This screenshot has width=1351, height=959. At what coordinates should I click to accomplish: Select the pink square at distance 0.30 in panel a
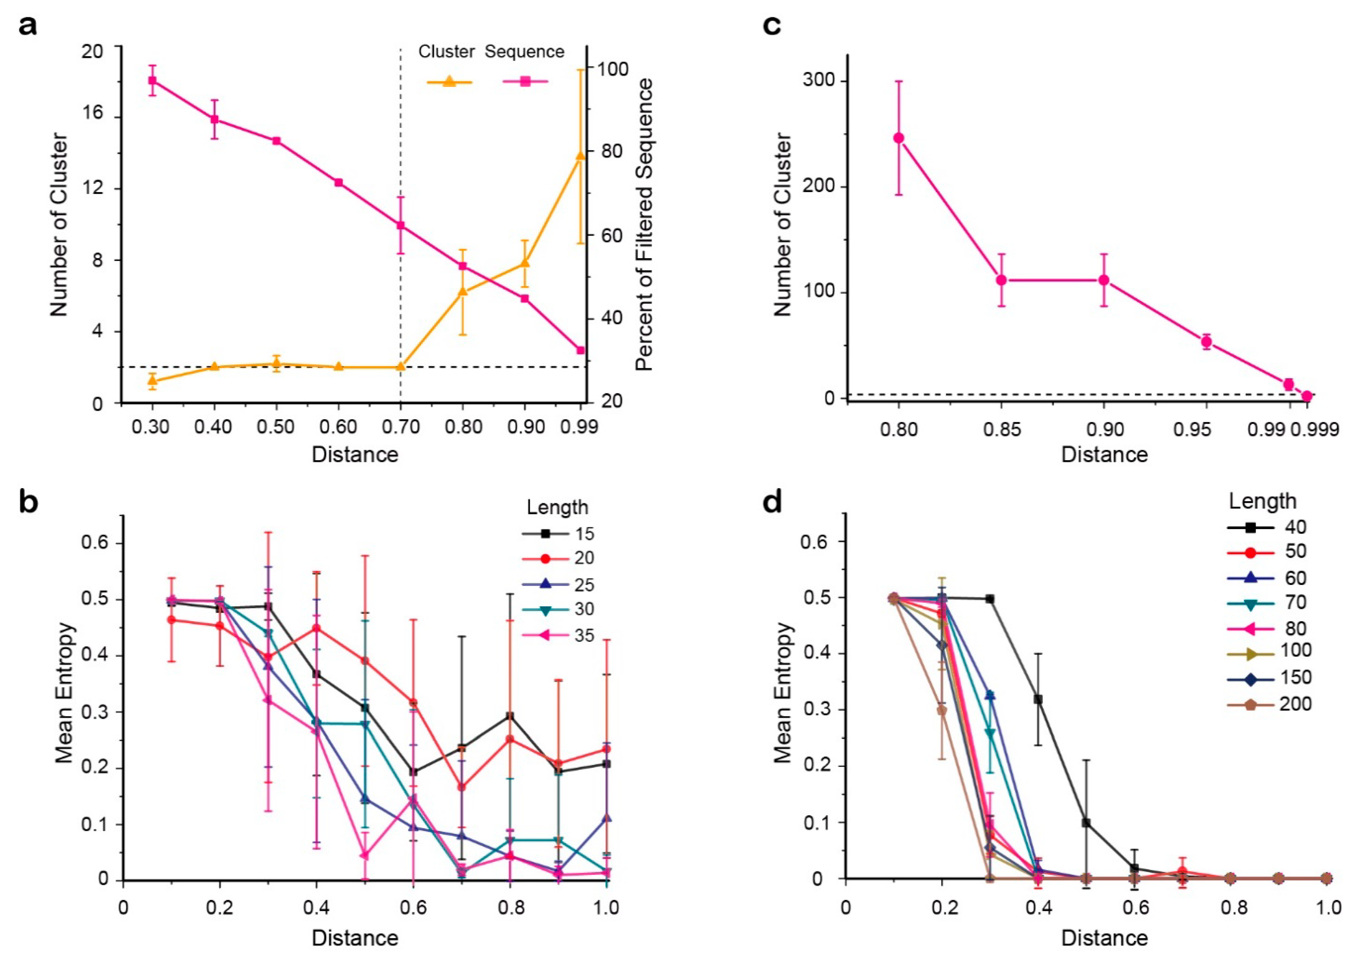point(152,80)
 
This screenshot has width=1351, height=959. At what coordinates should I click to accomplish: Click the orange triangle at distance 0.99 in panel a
point(580,156)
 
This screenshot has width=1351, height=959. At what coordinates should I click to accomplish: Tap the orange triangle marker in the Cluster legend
point(449,81)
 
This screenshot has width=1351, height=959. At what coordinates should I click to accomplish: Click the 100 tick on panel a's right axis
point(612,69)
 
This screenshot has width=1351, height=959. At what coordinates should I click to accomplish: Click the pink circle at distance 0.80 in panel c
point(898,138)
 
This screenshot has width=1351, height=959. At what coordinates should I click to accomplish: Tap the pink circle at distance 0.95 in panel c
point(1206,341)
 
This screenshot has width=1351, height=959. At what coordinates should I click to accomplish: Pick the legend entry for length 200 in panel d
point(1269,704)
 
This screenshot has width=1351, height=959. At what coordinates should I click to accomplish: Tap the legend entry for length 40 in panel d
point(1269,527)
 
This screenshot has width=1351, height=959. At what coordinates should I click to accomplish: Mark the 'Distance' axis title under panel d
point(1104,938)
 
